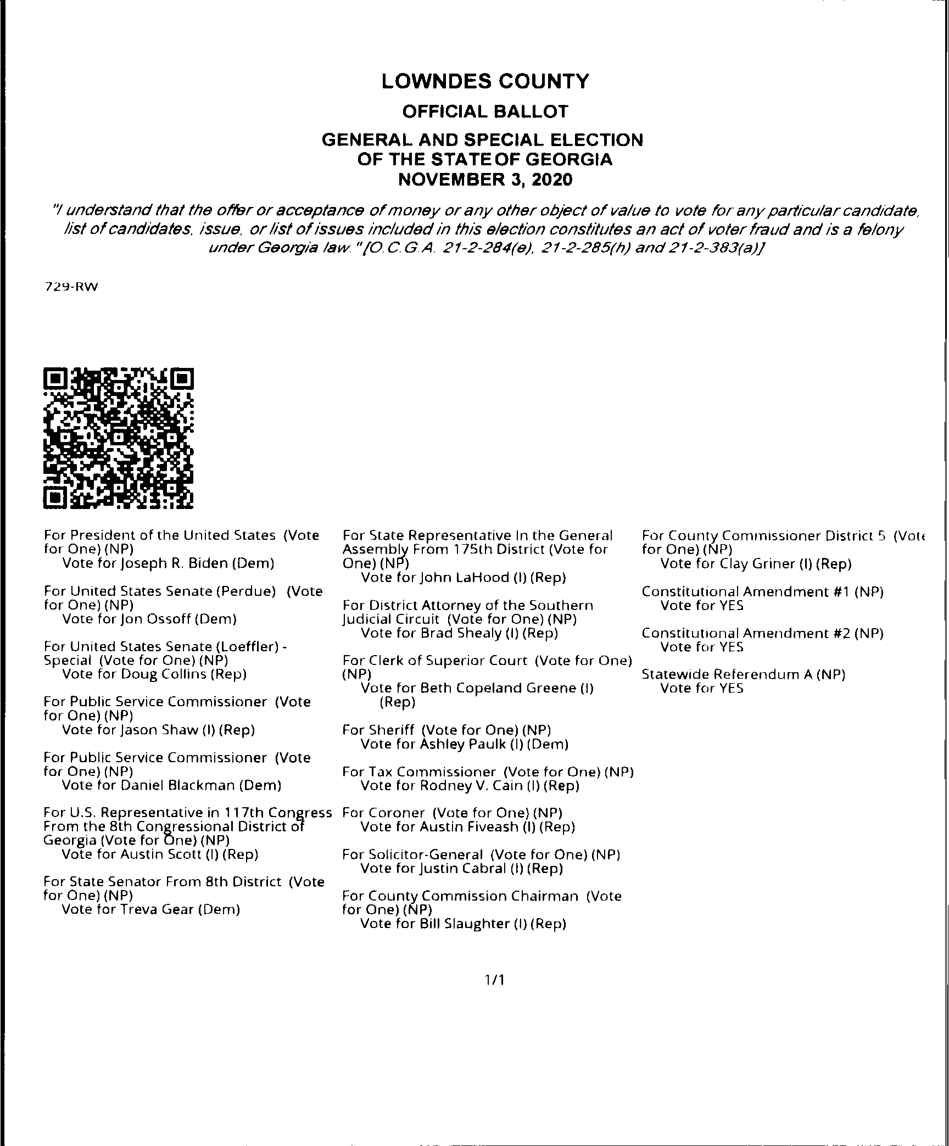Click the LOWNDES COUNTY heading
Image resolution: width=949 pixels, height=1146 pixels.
point(484,81)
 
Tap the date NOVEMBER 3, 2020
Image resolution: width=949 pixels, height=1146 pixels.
point(484,180)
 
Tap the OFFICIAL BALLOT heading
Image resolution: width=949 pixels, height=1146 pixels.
point(484,111)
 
